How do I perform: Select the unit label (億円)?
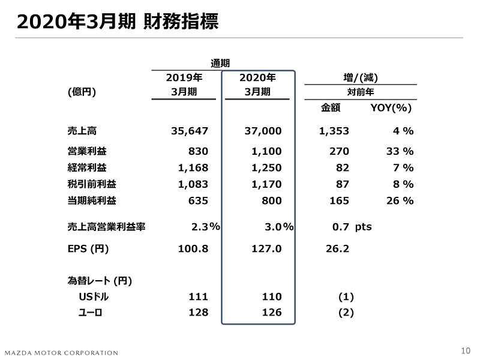coord(82,92)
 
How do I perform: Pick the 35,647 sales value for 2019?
coord(190,131)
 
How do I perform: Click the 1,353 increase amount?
coord(334,131)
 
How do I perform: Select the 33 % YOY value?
coord(399,151)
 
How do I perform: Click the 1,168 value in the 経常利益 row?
coord(194,168)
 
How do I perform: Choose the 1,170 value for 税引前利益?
coord(266,184)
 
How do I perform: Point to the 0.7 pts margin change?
coord(352,227)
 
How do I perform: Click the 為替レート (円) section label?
coord(100,280)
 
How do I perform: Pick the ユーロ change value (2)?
coord(346,313)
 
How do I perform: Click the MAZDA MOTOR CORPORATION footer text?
coord(61,352)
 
